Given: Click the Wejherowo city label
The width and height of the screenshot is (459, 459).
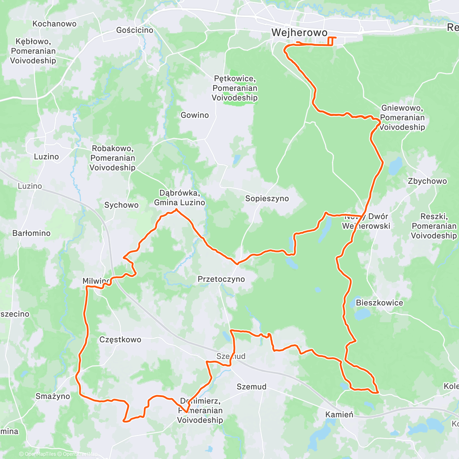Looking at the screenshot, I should [299, 33].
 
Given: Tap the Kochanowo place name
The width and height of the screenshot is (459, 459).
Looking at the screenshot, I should [54, 24].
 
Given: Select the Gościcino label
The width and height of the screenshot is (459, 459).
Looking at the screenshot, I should [135, 30].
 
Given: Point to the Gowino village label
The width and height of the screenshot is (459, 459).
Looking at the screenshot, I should [195, 115].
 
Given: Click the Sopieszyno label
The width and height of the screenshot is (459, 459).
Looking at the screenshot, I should [267, 199].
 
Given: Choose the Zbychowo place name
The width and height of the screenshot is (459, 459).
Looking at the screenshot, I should [427, 181].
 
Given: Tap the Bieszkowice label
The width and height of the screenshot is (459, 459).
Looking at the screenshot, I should [379, 303].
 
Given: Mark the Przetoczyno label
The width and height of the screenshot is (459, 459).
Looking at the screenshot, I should [221, 279].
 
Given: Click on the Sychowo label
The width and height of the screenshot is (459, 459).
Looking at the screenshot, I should [121, 205].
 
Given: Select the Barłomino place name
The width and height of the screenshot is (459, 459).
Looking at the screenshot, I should [31, 233].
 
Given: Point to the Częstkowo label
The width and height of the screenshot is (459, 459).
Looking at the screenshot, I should [120, 340].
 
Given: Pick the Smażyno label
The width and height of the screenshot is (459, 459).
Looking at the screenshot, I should [53, 396].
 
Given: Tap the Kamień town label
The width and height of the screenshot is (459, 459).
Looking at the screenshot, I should [339, 414].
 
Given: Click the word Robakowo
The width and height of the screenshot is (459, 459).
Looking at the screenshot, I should [112, 148].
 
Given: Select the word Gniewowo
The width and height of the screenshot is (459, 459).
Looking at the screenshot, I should [402, 108].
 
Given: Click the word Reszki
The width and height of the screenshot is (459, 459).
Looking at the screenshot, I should [433, 216].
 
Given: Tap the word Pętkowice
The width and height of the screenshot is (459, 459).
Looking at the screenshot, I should [234, 79].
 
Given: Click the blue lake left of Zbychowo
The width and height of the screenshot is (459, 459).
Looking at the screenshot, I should [396, 166].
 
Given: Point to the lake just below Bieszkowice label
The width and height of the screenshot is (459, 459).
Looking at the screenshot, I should [362, 314].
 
